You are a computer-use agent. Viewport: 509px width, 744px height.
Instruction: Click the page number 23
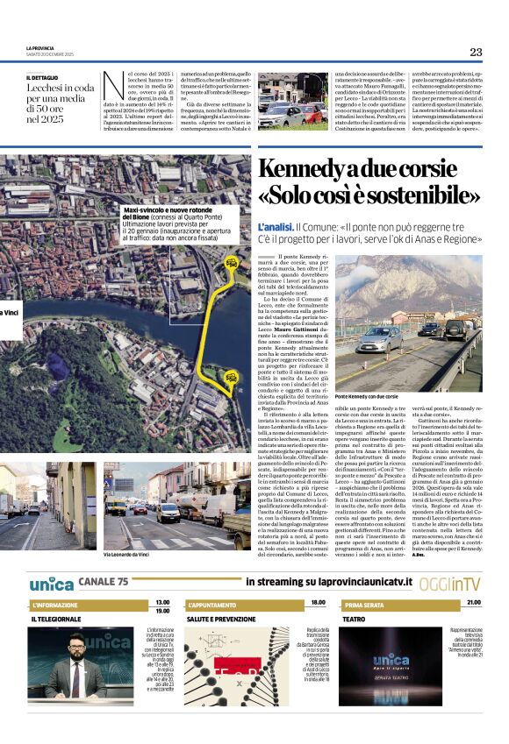(x=476, y=52)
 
